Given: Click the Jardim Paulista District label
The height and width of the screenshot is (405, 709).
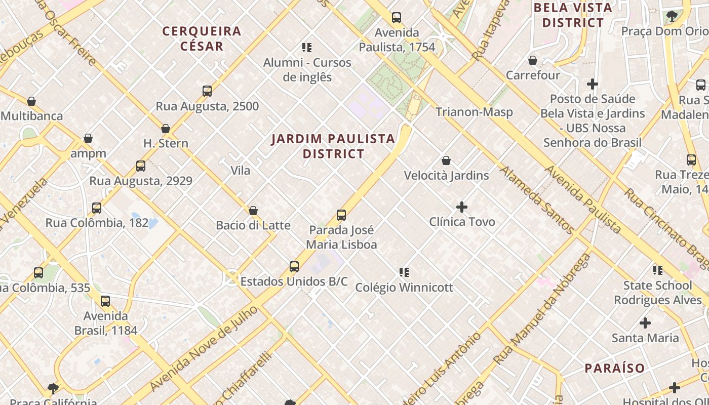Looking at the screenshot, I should coord(333,146).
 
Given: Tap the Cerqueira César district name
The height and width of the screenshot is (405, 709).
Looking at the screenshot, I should coord(202,38).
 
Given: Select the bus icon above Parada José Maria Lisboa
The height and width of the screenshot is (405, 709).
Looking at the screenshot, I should coord(341,215).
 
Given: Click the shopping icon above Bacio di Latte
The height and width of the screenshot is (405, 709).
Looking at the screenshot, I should coord(253,211).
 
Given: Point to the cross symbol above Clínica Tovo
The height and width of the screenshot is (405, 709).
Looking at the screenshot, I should coord(462,207).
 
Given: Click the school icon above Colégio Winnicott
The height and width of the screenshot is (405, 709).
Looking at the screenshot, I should coord(404,272).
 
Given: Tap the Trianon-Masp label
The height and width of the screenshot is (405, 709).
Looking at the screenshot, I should coord(474,112).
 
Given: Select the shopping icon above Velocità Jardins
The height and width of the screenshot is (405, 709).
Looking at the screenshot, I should coord(446,161).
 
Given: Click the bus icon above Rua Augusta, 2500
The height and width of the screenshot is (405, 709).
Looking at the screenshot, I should coord(207,92).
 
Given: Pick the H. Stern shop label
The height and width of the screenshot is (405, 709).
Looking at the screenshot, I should coord(166,143).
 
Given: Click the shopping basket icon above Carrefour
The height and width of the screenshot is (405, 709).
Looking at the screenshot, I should coord(533,61).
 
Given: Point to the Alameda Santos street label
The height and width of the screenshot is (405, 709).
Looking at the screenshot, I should coord(537,200).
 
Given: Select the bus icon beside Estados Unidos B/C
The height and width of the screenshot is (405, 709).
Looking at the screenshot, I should coord(294,267).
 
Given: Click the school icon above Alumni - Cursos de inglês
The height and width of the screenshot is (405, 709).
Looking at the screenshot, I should coord(307,48).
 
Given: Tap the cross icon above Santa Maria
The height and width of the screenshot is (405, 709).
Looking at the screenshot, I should coord(645,323).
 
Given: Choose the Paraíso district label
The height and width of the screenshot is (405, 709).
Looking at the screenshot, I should coord(615,368).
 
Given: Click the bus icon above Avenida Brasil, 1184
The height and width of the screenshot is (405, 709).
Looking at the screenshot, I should coord(105,302).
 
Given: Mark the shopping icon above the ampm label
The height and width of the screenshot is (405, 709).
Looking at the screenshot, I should coord(88,139).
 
